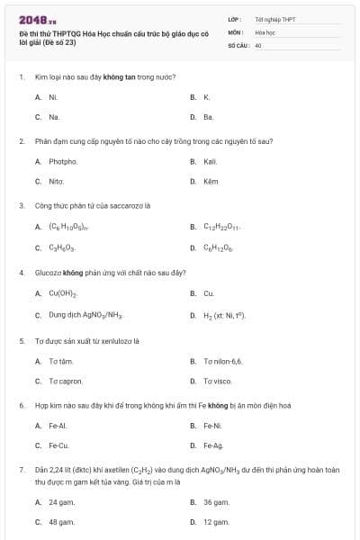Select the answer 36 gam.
(215, 501)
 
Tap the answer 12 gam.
(215, 522)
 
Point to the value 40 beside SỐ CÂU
(258, 44)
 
